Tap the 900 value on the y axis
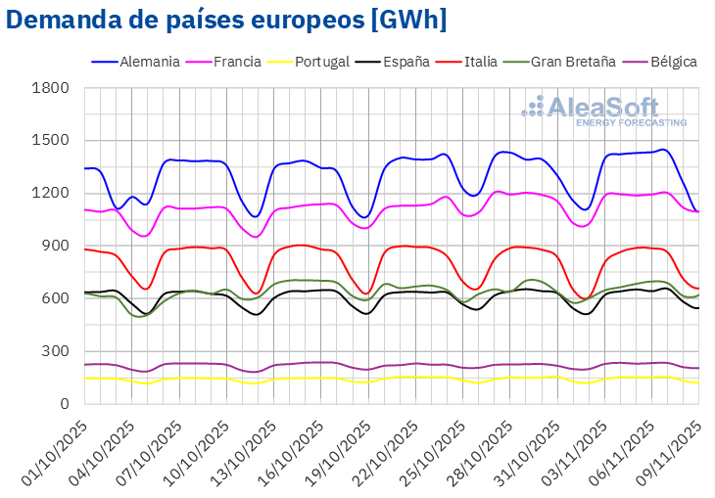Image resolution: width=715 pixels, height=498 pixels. click(x=55, y=246)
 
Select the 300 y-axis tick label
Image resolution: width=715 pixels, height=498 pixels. click(x=55, y=351)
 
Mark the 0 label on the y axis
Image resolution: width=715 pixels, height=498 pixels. click(x=64, y=403)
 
